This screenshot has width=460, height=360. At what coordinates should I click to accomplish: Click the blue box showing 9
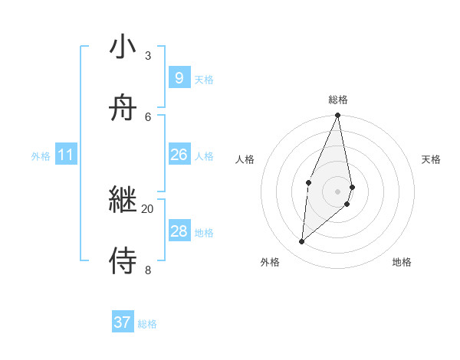click(179, 78)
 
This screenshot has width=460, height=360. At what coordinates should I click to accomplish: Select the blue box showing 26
click(179, 155)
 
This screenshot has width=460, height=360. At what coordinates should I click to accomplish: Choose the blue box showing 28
click(179, 231)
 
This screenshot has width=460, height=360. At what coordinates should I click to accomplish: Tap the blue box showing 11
click(65, 155)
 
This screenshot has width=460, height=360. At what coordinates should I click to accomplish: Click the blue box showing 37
click(122, 322)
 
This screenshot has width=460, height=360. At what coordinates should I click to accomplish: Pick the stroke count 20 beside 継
click(147, 208)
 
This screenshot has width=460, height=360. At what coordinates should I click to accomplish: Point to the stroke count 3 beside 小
click(147, 55)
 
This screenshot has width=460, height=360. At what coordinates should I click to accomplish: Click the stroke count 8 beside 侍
click(147, 270)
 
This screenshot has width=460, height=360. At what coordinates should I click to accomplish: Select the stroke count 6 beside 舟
click(147, 116)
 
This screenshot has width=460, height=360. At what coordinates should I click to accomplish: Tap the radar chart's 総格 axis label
click(338, 100)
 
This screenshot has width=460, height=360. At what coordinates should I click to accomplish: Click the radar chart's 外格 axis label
click(270, 263)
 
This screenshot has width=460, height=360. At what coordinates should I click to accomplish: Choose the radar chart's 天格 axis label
click(432, 159)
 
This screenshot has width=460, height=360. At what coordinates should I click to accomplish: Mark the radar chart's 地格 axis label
click(402, 263)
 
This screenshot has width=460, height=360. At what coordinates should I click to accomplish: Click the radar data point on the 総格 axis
click(338, 116)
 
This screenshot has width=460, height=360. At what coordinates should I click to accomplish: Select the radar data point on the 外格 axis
click(302, 242)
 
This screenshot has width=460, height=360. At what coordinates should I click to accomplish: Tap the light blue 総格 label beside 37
click(147, 324)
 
